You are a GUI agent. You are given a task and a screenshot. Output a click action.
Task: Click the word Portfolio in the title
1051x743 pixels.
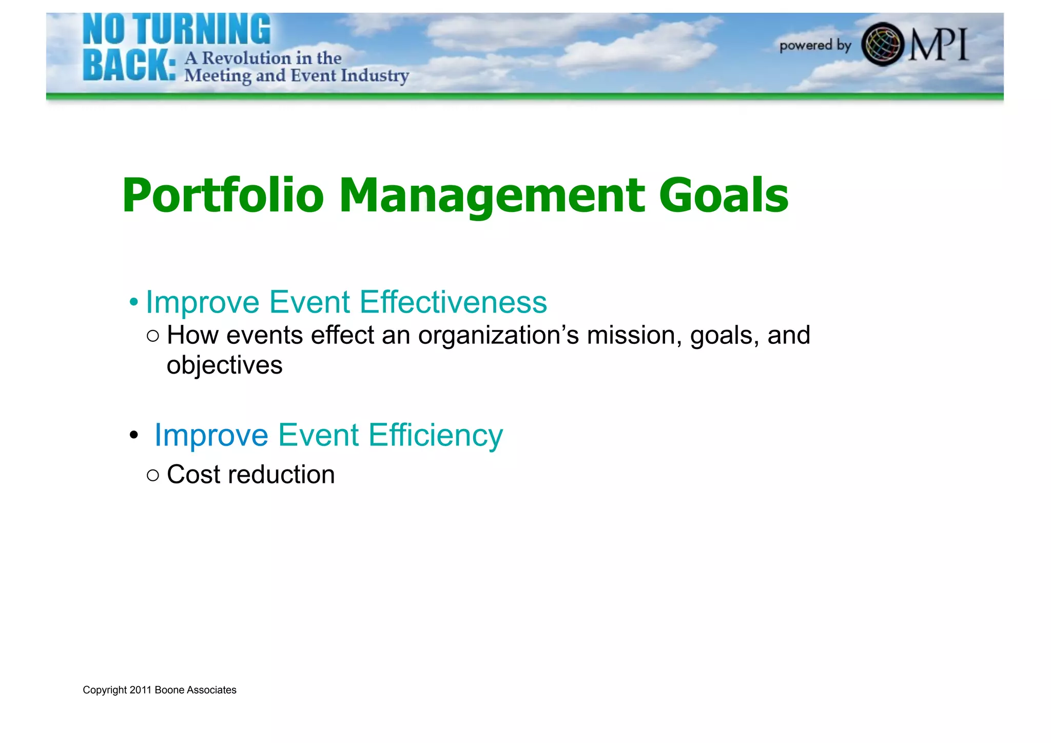[x=223, y=195]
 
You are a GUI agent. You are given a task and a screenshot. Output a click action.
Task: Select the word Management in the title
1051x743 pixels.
[x=492, y=195]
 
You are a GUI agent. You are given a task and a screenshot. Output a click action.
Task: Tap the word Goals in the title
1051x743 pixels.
[x=723, y=195]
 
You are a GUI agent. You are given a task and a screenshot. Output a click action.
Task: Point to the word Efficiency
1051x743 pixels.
[x=436, y=435]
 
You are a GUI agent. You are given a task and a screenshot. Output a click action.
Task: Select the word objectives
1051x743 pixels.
[x=224, y=365]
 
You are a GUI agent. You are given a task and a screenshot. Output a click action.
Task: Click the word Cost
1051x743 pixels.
[x=193, y=474]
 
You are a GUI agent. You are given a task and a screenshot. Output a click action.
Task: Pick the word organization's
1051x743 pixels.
[x=498, y=336]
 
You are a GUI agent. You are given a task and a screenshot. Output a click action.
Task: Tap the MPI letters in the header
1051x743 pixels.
[x=939, y=45]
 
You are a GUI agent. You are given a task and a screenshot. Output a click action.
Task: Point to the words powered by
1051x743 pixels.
[x=815, y=46]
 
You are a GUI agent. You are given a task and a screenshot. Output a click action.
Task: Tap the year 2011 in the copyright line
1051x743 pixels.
[x=141, y=690]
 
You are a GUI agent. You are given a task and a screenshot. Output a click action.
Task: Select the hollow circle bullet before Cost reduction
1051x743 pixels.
[x=152, y=475]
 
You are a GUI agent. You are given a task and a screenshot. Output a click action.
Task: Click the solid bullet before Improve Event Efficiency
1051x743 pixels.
[x=134, y=436]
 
